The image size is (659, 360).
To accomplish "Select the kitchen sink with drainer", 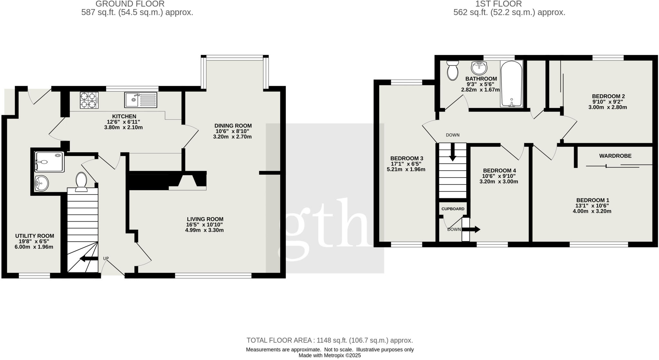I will pyautogui.click(x=141, y=100).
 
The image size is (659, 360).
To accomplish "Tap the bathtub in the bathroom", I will pyautogui.click(x=511, y=84).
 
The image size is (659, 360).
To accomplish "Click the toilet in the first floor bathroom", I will pyautogui.click(x=452, y=70).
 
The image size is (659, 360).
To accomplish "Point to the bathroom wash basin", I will pyautogui.click(x=479, y=68).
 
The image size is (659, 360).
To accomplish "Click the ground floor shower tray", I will pyautogui.click(x=49, y=162).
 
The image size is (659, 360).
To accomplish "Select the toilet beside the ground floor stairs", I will pyautogui.click(x=81, y=182).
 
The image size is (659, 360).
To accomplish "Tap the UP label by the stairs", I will pyautogui.click(x=106, y=258).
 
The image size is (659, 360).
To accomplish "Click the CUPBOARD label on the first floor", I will pyautogui.click(x=453, y=209).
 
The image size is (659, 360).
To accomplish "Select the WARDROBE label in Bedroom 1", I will pyautogui.click(x=615, y=156).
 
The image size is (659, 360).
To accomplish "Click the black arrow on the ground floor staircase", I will pyautogui.click(x=88, y=259).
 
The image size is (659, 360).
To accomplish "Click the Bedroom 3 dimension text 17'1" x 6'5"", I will pyautogui.click(x=406, y=164).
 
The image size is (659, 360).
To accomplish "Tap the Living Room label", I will pyautogui.click(x=205, y=219).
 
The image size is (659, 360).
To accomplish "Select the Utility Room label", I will pyautogui.click(x=34, y=236).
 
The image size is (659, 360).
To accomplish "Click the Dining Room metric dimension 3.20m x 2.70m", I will pyautogui.click(x=232, y=137).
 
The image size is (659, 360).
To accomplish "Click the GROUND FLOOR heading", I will pyautogui.click(x=130, y=4).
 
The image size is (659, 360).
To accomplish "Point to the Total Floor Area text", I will pyautogui.click(x=329, y=340).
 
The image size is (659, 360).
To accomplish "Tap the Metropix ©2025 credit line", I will pyautogui.click(x=329, y=355).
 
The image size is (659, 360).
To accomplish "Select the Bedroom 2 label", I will pyautogui.click(x=608, y=96).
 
